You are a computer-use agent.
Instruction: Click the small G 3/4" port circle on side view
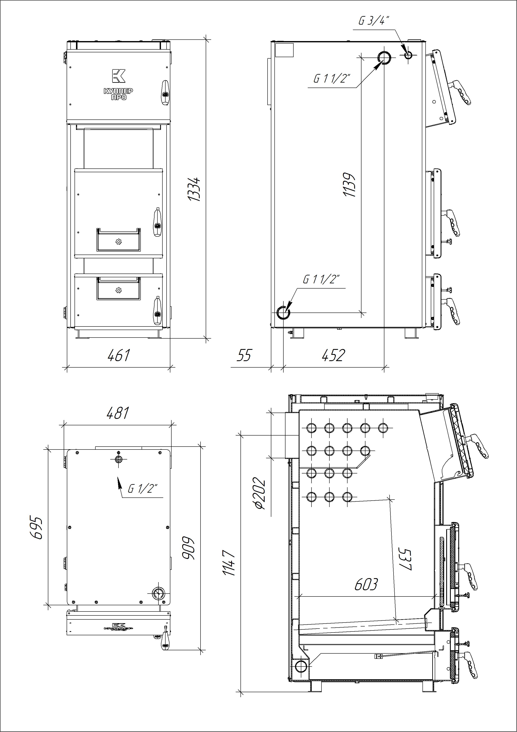tap(408, 55)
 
